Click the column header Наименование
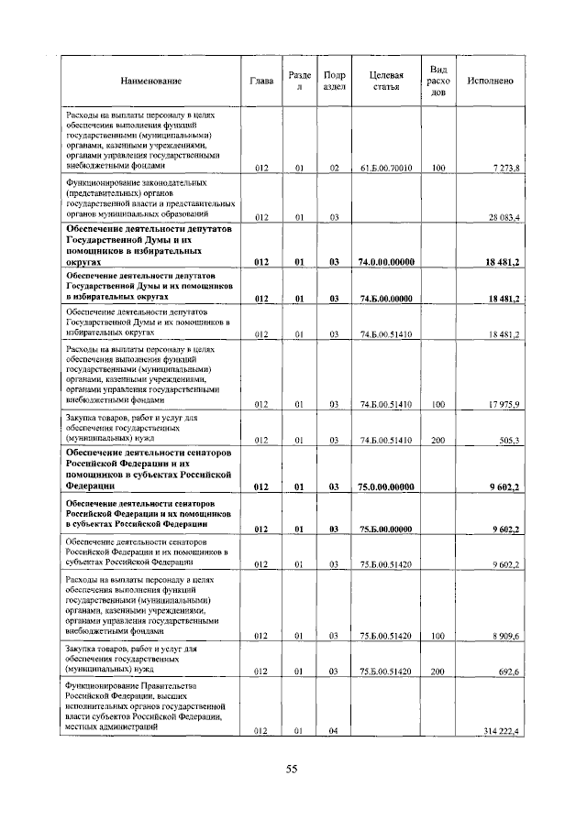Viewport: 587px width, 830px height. pos(150,82)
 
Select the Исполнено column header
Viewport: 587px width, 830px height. pos(490,82)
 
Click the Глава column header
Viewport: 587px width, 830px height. pos(261,82)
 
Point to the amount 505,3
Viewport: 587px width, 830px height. pos(508,441)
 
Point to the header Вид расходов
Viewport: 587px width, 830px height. pos(438,81)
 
